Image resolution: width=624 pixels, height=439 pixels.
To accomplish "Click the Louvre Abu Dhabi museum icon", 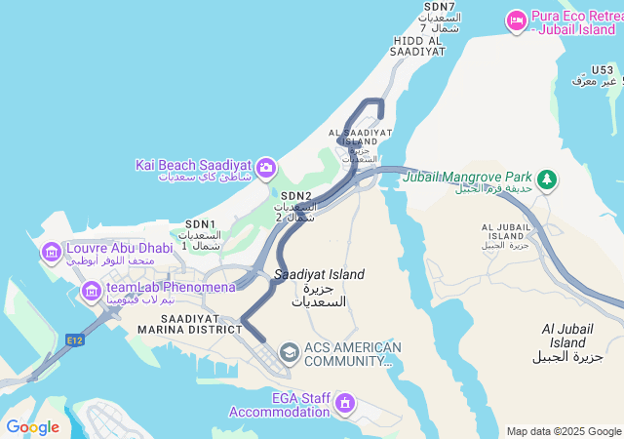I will tap(51, 254).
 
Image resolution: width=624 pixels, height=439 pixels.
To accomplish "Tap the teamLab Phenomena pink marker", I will tap(92, 291).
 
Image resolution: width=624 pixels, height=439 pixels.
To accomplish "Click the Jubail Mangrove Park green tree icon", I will tap(548, 180).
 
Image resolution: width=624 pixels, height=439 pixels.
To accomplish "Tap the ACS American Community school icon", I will tap(289, 351).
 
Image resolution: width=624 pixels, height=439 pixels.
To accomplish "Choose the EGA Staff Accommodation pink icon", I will tap(343, 402).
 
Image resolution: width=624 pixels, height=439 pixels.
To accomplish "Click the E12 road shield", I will tap(75, 339).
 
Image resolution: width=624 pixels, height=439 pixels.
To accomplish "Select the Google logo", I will tap(32, 427).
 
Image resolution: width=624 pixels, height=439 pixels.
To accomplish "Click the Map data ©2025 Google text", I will tap(563, 431).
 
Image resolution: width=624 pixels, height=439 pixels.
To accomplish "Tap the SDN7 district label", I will tap(438, 7).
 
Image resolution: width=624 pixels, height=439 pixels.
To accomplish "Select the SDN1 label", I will tap(200, 224).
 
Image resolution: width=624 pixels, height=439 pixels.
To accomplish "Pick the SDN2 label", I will tap(295, 196).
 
